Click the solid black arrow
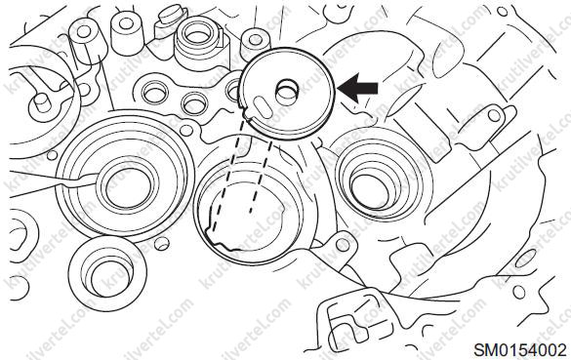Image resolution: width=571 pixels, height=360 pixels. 357,88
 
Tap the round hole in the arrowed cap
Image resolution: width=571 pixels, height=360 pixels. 287,93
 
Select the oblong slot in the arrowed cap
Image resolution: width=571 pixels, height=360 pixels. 263,107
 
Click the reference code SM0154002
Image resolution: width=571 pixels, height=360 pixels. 519,350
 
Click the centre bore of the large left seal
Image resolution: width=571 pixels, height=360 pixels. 128,188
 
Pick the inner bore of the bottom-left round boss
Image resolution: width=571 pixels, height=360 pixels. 108,277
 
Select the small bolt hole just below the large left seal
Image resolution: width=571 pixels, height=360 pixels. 162,244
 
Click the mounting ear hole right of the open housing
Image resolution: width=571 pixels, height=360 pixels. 343,245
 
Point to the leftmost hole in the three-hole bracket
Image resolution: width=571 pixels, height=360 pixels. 155,94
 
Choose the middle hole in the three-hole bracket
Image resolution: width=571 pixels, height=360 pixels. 194,102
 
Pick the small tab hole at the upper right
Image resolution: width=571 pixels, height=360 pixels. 494,115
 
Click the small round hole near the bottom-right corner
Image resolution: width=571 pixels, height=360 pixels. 518,292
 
